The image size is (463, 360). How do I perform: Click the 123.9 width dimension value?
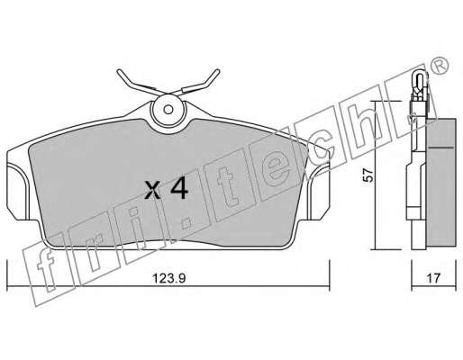coord(169,278)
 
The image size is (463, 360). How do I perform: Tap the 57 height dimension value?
coord(368,175)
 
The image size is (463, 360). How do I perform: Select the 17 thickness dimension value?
coord(433,278)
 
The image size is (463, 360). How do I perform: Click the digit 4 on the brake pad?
coord(179,190)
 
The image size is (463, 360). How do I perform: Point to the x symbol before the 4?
coord(153,191)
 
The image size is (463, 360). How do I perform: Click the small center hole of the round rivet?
coord(168,110)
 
